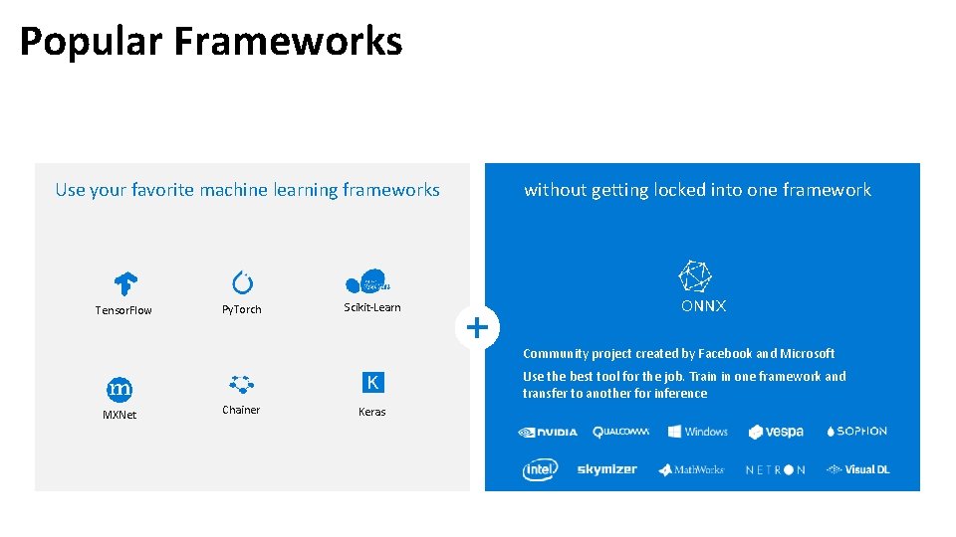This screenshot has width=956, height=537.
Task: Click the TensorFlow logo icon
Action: tap(124, 283)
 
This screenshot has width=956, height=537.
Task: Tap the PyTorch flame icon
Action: tap(242, 282)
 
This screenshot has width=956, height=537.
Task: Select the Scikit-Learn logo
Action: tap(367, 281)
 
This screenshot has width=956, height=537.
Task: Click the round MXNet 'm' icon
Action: tap(119, 388)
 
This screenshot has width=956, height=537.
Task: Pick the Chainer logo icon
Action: tap(241, 384)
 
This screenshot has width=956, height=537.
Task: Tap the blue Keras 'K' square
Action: tap(372, 383)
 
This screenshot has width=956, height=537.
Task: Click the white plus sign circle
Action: tap(478, 326)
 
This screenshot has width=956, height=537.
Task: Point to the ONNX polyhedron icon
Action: tap(695, 274)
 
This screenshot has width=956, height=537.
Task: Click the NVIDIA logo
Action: tap(547, 432)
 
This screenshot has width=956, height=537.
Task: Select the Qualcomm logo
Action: tap(620, 432)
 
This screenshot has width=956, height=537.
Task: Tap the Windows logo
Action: tap(698, 432)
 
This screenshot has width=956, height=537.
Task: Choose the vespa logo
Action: tap(776, 432)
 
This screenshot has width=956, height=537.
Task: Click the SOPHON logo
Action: tap(856, 432)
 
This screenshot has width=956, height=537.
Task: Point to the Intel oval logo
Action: tap(540, 469)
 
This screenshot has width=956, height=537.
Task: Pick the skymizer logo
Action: tap(606, 469)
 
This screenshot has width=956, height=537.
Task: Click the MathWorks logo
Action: tap(691, 469)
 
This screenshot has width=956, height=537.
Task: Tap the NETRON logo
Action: tap(776, 469)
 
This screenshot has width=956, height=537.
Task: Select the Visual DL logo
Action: tap(857, 469)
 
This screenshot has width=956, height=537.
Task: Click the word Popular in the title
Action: tap(90, 42)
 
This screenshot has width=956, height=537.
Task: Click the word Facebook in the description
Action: tap(725, 354)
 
